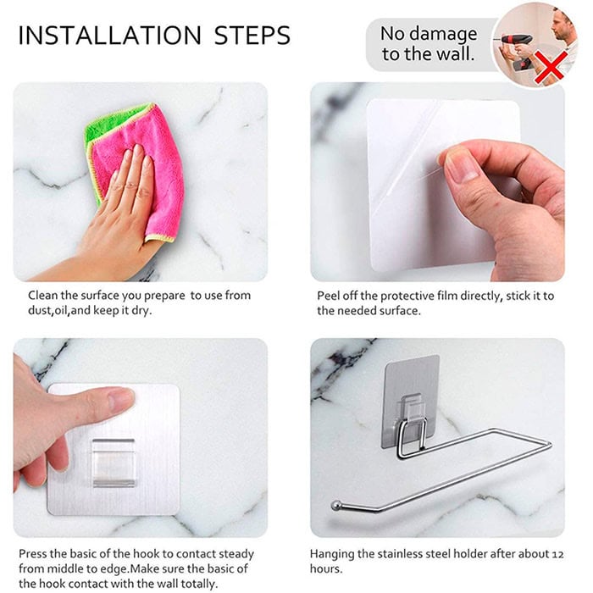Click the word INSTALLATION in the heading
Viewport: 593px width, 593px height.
(109, 36)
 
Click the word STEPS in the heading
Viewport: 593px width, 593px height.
(252, 36)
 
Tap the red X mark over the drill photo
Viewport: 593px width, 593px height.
(551, 68)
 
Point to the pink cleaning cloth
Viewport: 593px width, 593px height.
(144, 170)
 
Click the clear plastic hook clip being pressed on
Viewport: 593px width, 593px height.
(114, 463)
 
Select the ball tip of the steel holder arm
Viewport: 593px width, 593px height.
(335, 506)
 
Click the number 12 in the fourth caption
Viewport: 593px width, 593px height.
(557, 554)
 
